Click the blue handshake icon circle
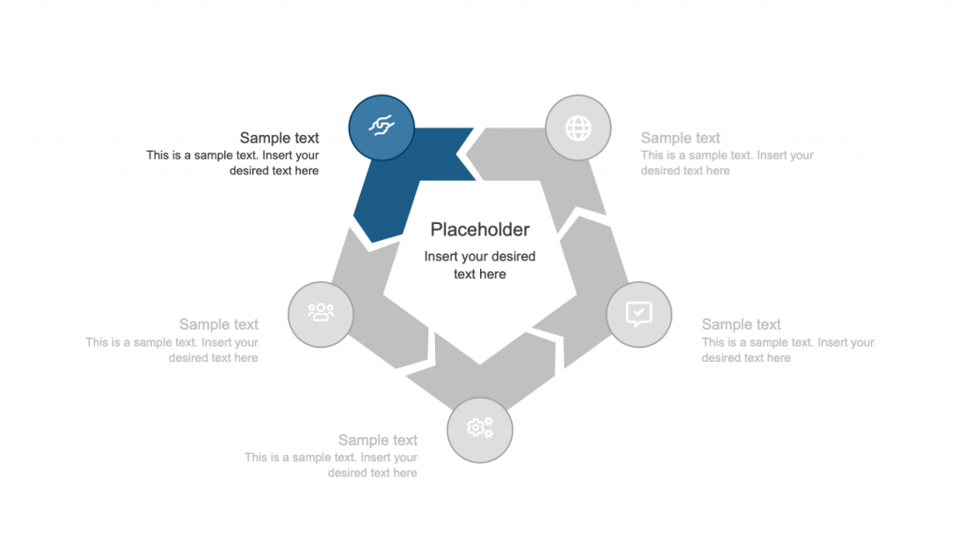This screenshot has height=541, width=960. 382,127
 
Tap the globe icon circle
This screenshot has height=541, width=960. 578,128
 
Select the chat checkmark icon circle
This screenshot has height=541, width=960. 638,314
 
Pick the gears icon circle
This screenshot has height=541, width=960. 479,429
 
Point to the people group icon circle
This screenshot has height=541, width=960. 321,314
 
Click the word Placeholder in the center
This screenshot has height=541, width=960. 480,230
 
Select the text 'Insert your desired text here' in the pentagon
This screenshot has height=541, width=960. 480,265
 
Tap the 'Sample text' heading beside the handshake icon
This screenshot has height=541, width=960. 279,138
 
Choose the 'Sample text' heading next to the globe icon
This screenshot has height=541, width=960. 681,138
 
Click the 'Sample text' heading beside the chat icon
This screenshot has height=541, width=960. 742,324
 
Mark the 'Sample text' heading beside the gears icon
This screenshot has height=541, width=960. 378,440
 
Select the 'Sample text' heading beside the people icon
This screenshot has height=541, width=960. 218,324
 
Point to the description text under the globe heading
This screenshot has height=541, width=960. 727,163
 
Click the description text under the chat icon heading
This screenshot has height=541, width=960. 787,350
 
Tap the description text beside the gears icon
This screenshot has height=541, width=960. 331,465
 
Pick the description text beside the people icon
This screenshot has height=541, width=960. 172,350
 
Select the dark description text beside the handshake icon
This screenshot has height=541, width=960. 232,163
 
